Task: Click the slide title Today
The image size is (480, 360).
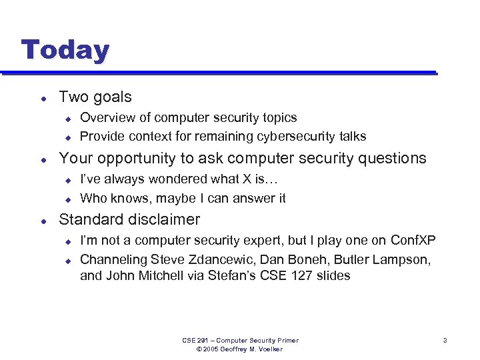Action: click(x=65, y=51)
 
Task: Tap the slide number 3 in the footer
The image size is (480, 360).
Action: click(x=444, y=341)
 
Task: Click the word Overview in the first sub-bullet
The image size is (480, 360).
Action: click(x=105, y=118)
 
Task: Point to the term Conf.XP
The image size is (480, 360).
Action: click(x=413, y=241)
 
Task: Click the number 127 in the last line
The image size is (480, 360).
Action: click(x=301, y=276)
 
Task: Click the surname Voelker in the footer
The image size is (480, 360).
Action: click(x=269, y=349)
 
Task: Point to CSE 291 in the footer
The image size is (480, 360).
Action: click(x=195, y=341)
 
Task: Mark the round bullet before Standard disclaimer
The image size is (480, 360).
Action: click(x=43, y=220)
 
